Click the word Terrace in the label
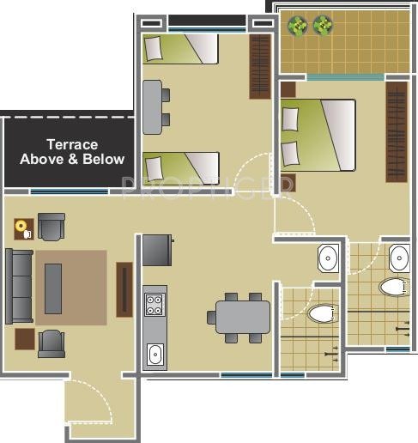(x=72, y=145)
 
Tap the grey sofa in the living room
(x=18, y=286)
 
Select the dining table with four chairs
(x=242, y=317)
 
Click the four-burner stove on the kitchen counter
(x=154, y=304)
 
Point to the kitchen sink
(x=155, y=353)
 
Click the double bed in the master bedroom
(x=318, y=135)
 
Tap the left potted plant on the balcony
(x=298, y=26)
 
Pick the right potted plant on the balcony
(x=323, y=26)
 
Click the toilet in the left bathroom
(x=322, y=314)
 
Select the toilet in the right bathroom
(x=396, y=287)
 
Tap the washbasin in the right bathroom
(x=399, y=257)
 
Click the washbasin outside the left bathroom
(x=328, y=256)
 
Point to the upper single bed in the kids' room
(x=180, y=48)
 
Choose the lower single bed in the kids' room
(x=180, y=166)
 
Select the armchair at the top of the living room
(x=51, y=227)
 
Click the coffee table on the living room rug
(x=53, y=288)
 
